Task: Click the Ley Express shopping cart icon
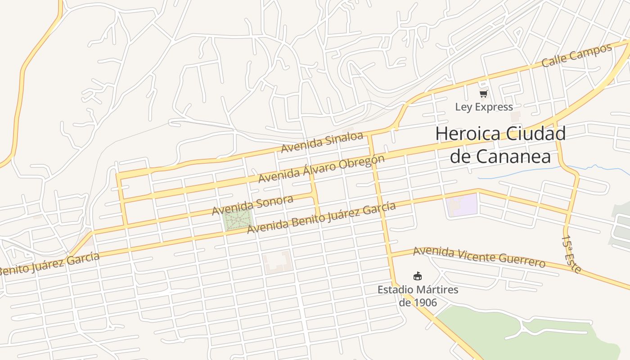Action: click(484, 94)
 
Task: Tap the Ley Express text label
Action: click(484, 107)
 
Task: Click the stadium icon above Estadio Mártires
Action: click(418, 276)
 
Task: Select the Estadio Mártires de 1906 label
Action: click(418, 296)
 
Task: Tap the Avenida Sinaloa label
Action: click(322, 142)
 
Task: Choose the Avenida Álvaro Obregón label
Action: click(321, 169)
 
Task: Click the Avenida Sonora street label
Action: click(252, 205)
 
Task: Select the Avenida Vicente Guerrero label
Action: click(479, 257)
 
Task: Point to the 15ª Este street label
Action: click(572, 254)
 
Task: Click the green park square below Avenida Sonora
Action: click(237, 220)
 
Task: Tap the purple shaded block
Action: click(462, 204)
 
